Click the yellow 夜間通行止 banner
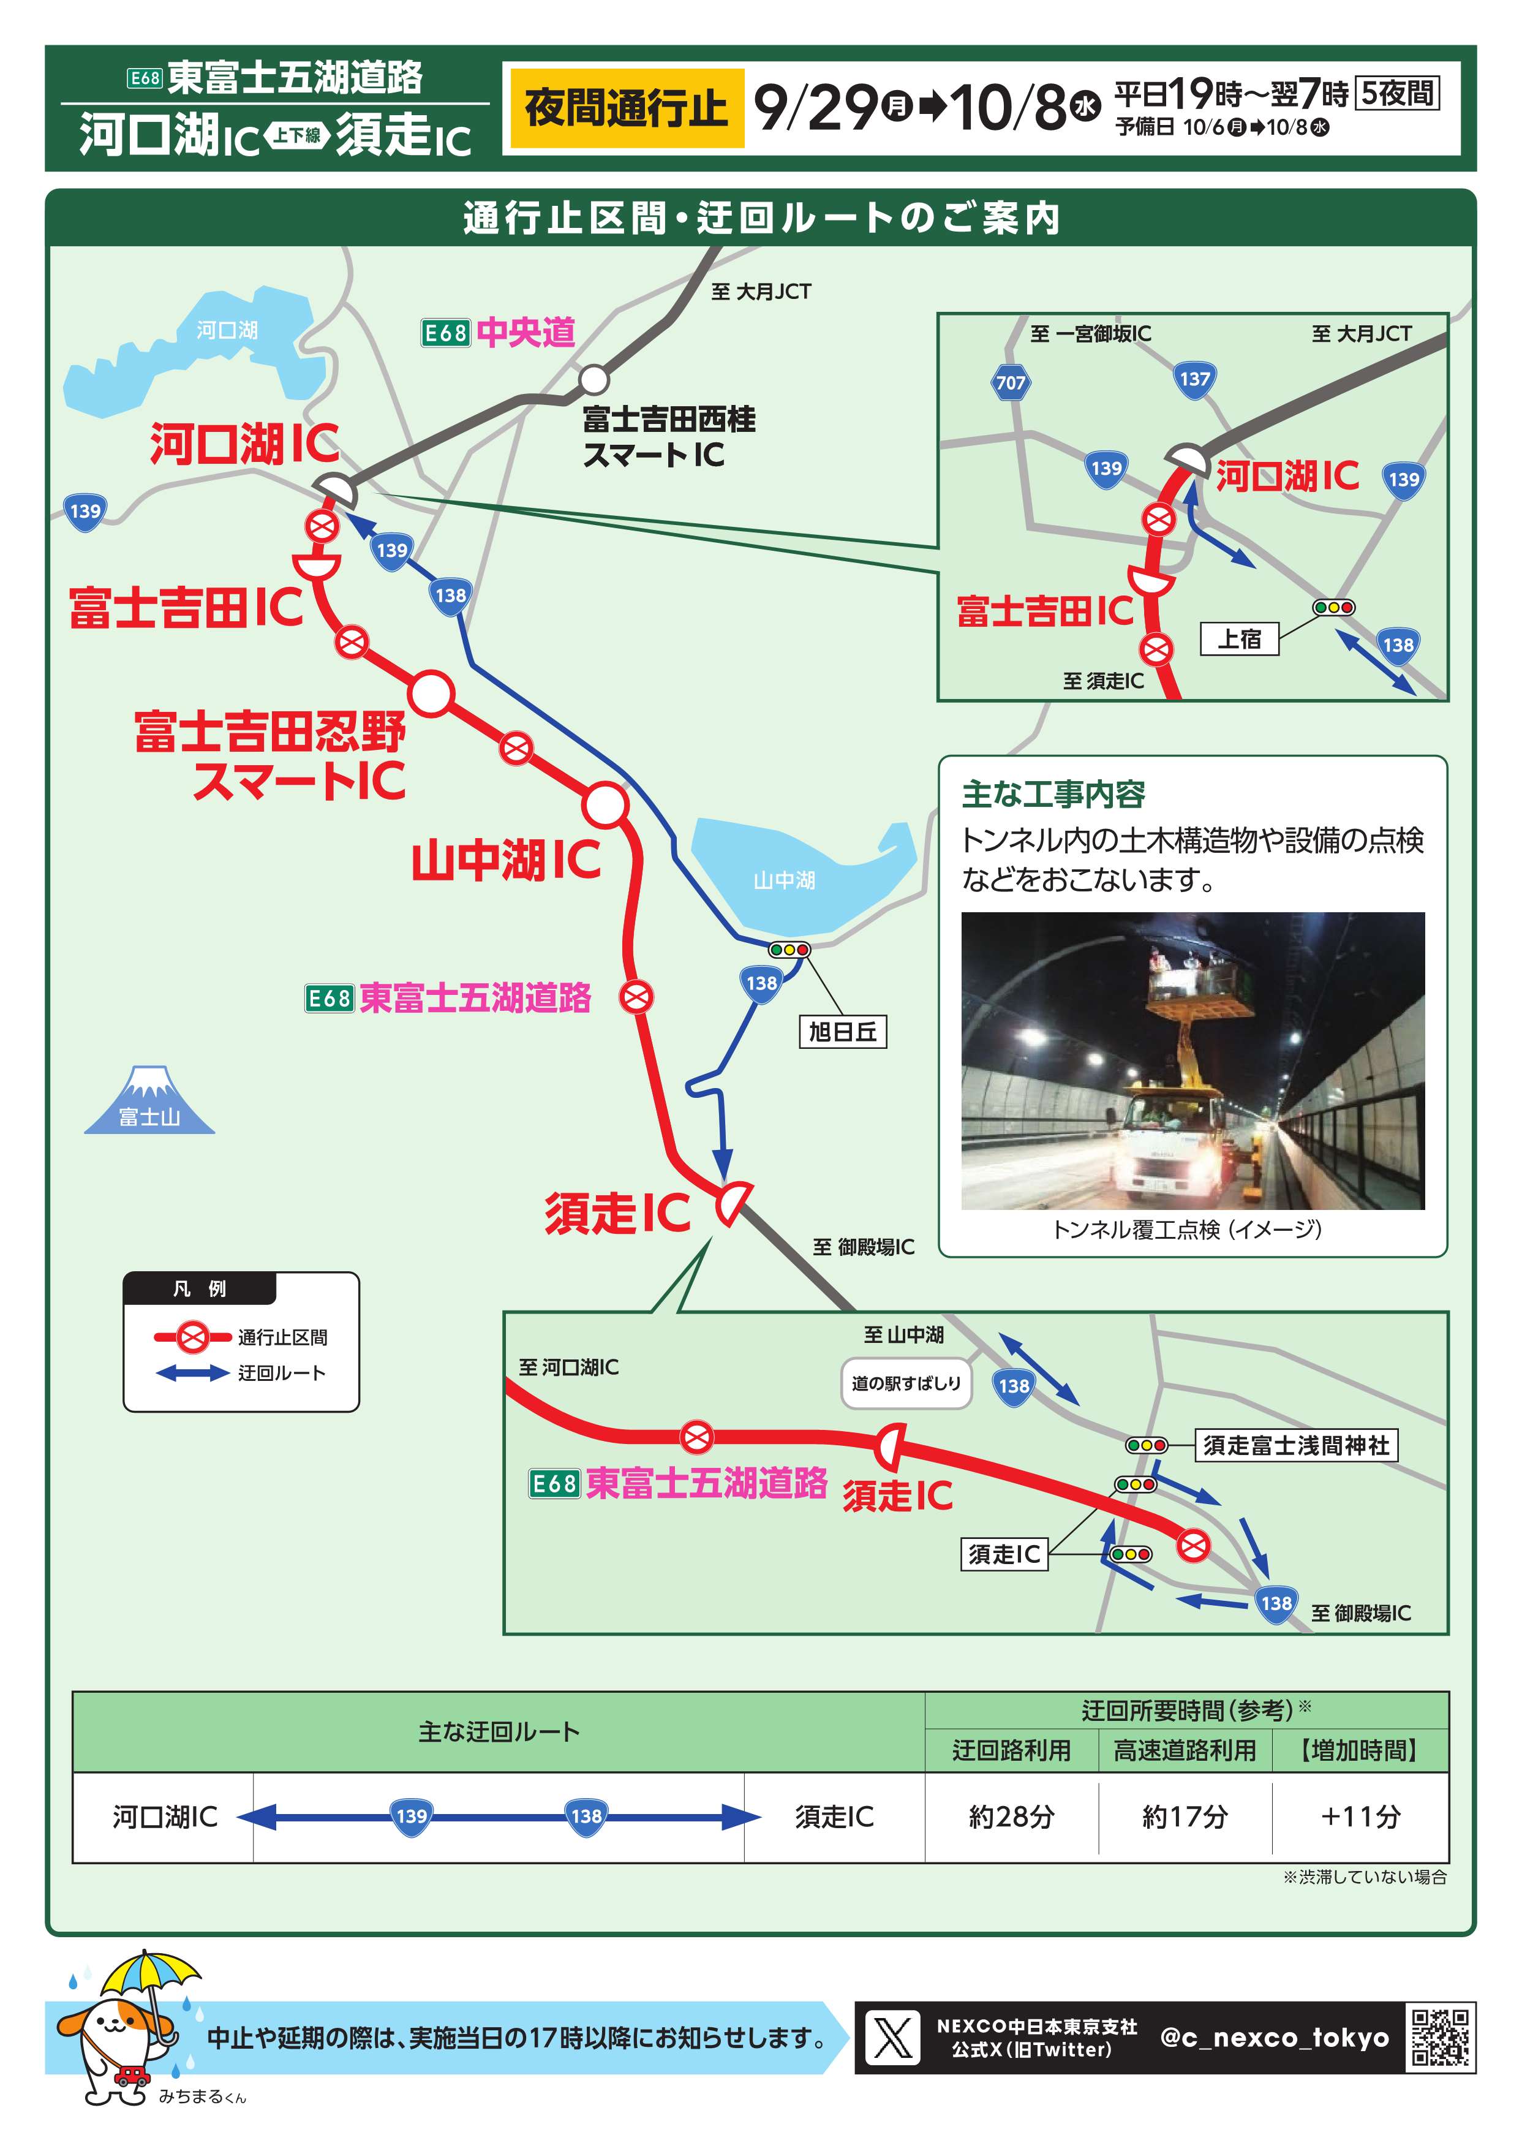[626, 108]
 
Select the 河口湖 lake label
[227, 330]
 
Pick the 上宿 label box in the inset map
[1239, 639]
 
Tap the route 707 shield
[1011, 382]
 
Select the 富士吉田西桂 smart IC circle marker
[593, 380]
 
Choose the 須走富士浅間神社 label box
[1296, 1445]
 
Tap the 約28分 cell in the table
[1011, 1817]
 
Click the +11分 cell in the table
[1360, 1817]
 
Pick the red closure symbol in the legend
[193, 1337]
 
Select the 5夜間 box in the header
[1397, 93]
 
